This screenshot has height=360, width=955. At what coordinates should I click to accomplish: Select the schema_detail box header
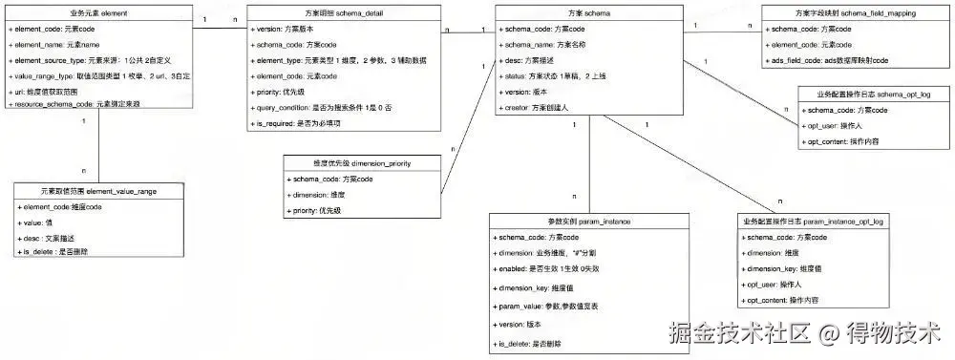345,13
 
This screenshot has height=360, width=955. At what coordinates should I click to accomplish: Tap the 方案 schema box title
589,13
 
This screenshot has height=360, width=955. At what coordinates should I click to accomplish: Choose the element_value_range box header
98,191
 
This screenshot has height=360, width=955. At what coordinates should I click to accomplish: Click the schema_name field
542,45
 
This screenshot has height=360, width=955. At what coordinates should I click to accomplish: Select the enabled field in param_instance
549,270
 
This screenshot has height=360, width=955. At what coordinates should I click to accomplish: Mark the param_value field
547,306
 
